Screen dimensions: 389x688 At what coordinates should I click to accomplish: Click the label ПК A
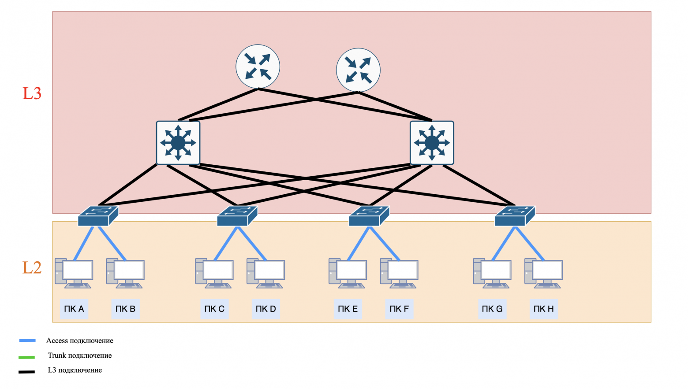pos(74,309)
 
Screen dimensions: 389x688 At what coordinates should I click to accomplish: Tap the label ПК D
pos(265,309)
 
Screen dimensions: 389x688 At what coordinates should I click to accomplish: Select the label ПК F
pos(399,309)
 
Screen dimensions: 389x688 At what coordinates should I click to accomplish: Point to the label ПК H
pos(543,309)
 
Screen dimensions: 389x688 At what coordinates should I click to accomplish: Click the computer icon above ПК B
pos(125,273)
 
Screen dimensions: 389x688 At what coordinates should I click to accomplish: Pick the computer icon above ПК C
pos(214,273)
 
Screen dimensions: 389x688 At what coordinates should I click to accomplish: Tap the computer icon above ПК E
pos(348,273)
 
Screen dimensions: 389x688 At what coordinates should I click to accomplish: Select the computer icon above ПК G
pos(492,273)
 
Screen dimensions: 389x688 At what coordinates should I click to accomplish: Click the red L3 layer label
pos(32,93)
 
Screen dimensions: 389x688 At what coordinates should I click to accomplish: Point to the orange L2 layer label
pos(32,267)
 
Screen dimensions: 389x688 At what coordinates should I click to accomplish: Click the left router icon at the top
pos(258,67)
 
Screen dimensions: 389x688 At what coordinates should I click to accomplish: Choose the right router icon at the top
pos(358,70)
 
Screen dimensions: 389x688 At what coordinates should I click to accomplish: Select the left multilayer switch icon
pos(178,143)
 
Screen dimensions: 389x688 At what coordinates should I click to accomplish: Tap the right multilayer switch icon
pos(432,143)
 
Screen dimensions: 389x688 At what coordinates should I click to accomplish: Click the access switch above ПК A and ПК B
pos(98,216)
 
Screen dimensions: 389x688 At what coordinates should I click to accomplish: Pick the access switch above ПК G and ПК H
pos(514,216)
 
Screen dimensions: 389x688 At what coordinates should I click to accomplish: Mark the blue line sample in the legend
pos(27,341)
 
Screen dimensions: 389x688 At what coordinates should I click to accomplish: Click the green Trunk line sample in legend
pos(26,357)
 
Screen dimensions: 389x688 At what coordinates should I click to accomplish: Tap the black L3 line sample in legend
pos(26,372)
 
